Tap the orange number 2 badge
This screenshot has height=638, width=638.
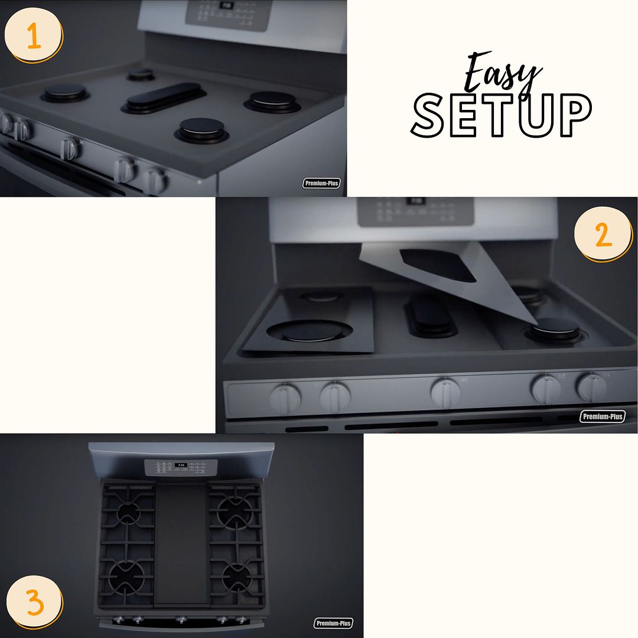603,235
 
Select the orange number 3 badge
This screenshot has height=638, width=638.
34,603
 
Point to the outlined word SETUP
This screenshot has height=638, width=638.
502,116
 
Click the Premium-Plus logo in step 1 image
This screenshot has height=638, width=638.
322,183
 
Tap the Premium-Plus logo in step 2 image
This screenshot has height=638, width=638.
602,416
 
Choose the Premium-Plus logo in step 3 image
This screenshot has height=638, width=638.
333,623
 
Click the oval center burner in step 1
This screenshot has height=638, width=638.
164,95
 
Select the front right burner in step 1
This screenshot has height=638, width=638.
202,129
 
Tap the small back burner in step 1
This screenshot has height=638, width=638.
141,74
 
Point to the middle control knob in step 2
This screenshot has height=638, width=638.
445,392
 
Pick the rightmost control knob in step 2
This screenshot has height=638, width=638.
591,388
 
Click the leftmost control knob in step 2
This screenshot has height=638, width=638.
285,399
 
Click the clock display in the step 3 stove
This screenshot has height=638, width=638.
181,466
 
